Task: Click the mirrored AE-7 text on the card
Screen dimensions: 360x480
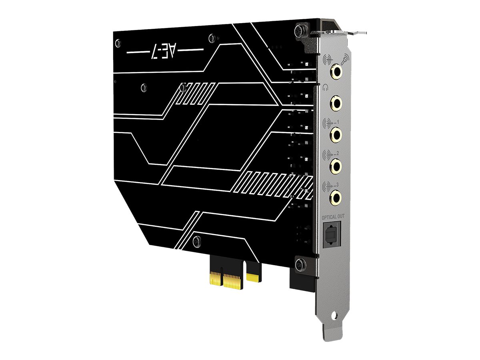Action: [x=165, y=52]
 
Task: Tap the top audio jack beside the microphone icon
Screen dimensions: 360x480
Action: [x=336, y=72]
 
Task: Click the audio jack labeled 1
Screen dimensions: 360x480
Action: [x=336, y=134]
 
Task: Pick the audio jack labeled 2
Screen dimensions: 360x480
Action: [x=336, y=165]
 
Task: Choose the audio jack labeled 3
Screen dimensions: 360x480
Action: [x=336, y=196]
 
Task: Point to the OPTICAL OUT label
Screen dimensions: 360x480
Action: [x=332, y=217]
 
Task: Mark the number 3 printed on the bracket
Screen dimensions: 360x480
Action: [x=338, y=184]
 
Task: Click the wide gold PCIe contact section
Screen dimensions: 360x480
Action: [x=232, y=280]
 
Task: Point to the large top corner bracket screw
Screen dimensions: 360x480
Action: [x=299, y=31]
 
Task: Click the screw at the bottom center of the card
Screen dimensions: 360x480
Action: [x=196, y=240]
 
